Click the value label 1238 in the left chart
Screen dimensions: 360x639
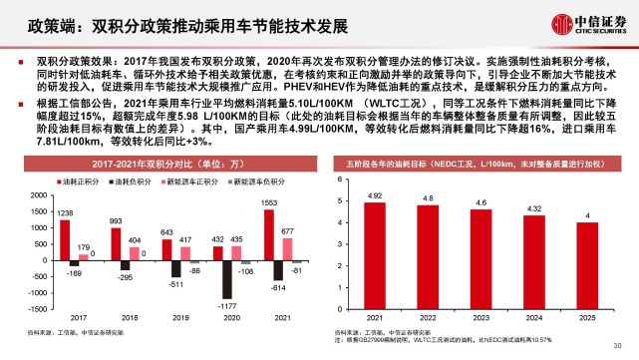tap(37, 212)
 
